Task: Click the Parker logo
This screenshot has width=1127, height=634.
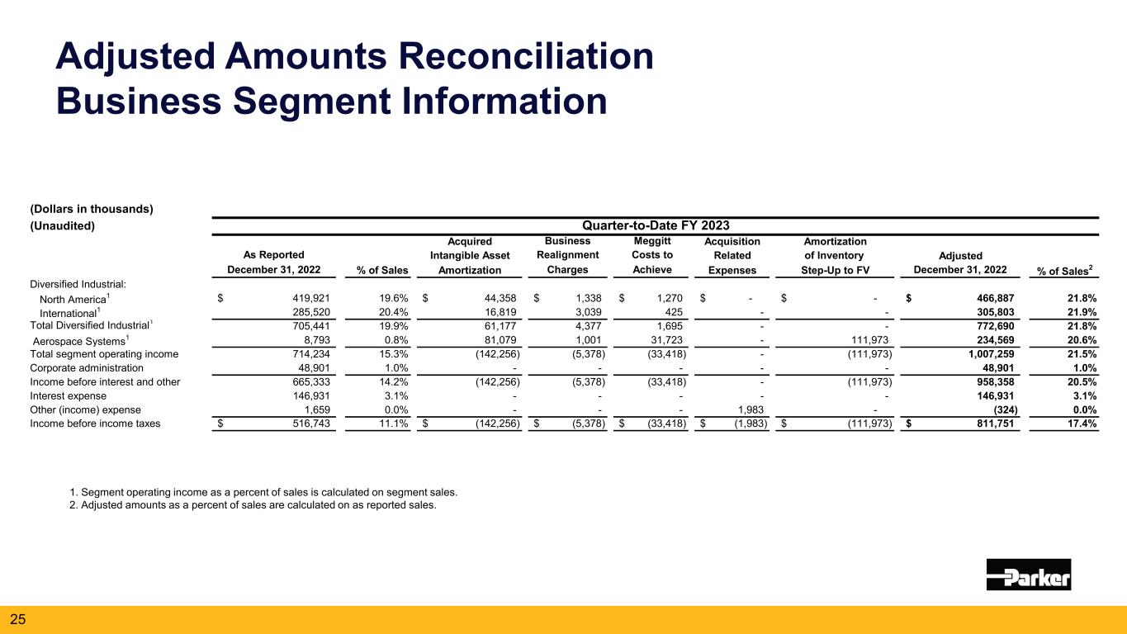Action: pos(1028,574)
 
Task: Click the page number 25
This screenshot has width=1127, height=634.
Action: pos(18,618)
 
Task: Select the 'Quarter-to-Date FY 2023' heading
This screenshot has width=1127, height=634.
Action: pos(656,225)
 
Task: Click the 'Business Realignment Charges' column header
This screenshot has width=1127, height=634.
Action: pos(567,255)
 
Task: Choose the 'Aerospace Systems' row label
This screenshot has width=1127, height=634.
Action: pos(78,340)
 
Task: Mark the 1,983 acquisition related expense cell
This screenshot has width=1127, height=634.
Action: pos(748,409)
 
